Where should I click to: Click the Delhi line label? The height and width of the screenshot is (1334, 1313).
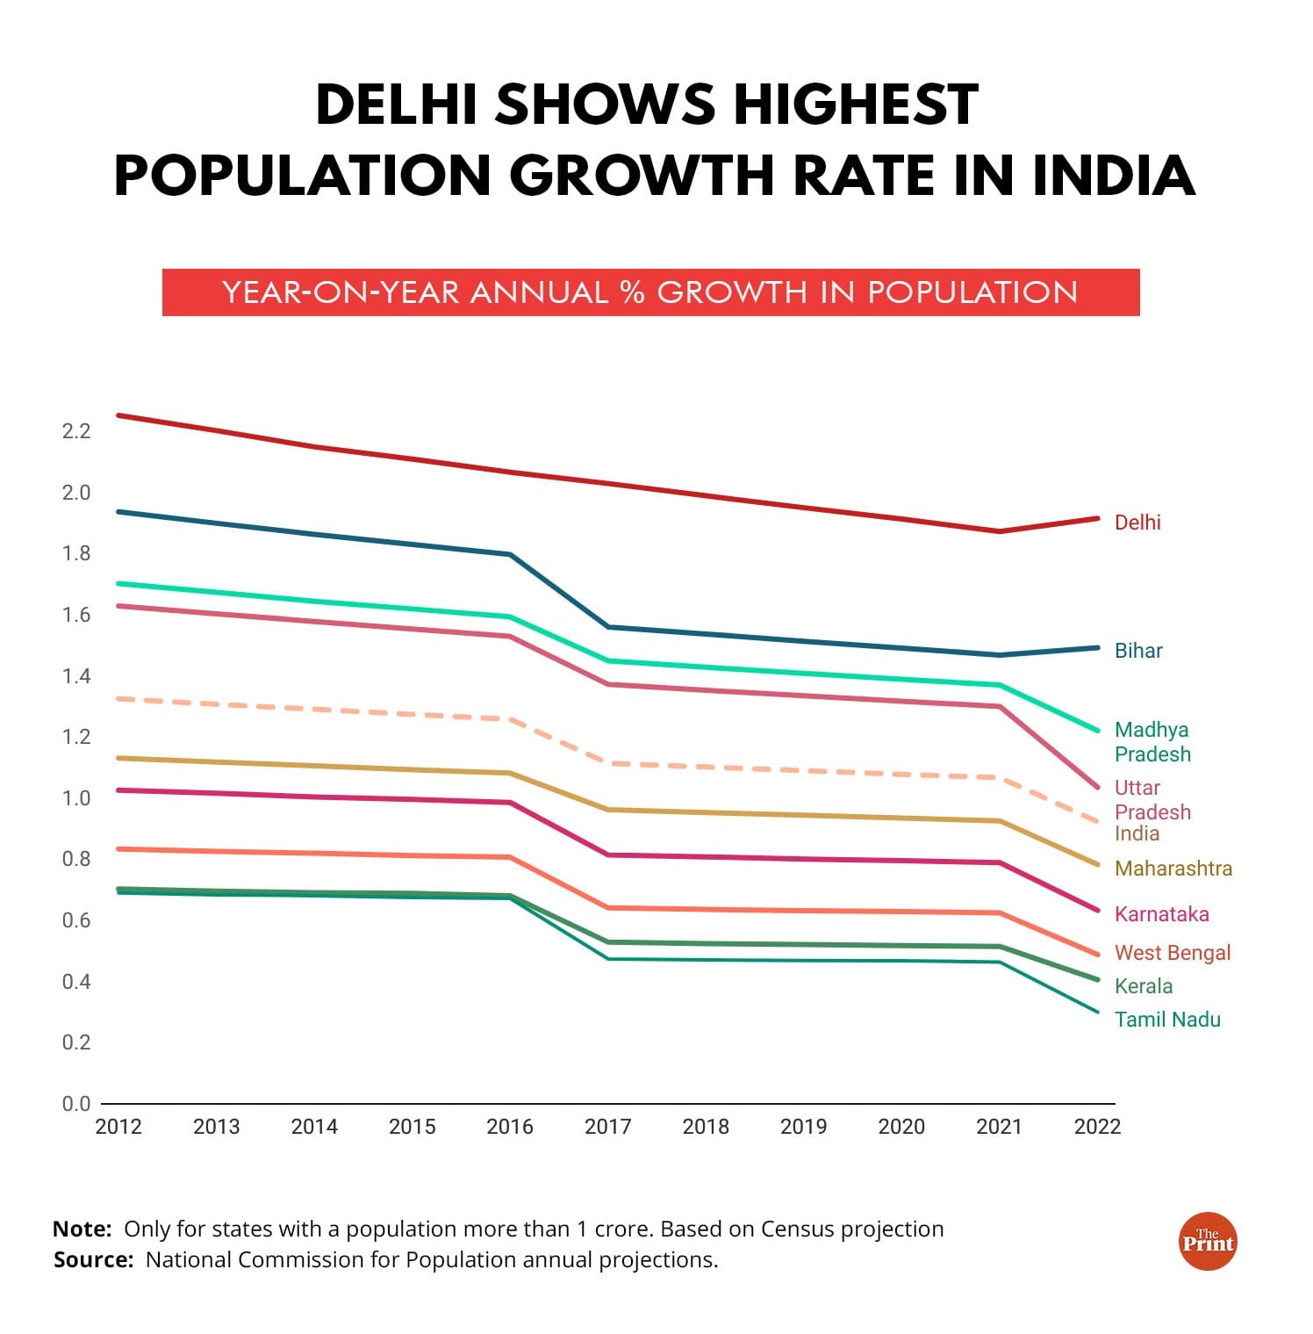tap(1137, 523)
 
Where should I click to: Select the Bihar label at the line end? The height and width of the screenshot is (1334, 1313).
tap(1137, 651)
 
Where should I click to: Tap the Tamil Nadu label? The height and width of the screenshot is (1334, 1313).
tap(1166, 1020)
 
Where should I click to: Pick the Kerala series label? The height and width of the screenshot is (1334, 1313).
tap(1143, 986)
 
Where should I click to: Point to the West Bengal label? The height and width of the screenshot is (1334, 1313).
tap(1172, 953)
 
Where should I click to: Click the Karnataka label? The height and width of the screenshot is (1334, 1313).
tap(1161, 914)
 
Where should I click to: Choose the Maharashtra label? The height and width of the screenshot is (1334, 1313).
tap(1173, 869)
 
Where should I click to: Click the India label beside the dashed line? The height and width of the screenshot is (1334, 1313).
tap(1137, 833)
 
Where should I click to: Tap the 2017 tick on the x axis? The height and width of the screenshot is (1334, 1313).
tap(607, 1127)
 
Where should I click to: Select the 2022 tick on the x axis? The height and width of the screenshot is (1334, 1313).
tap(1097, 1127)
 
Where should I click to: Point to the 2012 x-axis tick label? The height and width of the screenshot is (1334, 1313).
tap(118, 1127)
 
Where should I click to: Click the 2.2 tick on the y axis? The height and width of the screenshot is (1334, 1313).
tap(76, 431)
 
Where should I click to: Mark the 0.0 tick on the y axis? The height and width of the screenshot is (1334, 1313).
tap(76, 1104)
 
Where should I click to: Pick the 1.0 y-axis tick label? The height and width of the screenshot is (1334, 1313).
tap(76, 798)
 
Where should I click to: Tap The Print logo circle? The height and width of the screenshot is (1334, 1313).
tap(1207, 1242)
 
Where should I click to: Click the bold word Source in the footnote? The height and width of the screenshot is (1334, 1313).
tap(92, 1260)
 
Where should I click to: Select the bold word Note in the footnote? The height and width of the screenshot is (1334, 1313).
tap(82, 1229)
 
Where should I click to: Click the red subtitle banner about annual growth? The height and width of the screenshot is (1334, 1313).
tap(650, 292)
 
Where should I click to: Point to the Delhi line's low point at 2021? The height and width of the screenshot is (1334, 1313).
tap(1000, 531)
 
